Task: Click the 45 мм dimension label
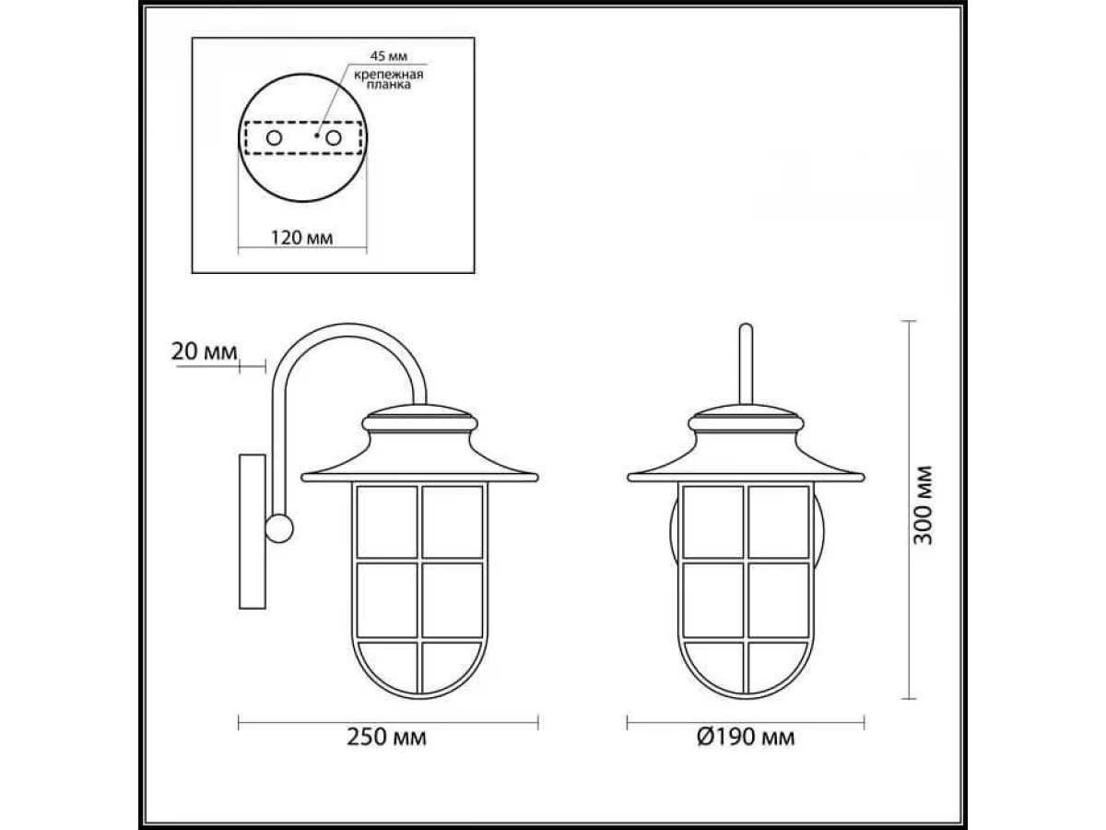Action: [x=388, y=56]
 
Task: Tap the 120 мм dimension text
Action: [x=301, y=237]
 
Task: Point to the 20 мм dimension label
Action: [x=204, y=351]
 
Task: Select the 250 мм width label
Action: [x=386, y=737]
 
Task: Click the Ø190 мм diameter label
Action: [x=746, y=737]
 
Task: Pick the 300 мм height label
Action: [x=924, y=505]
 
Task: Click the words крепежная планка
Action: [x=389, y=80]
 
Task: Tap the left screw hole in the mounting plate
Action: [x=274, y=137]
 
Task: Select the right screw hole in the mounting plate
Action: [x=333, y=137]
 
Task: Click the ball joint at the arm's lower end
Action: [x=278, y=528]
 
